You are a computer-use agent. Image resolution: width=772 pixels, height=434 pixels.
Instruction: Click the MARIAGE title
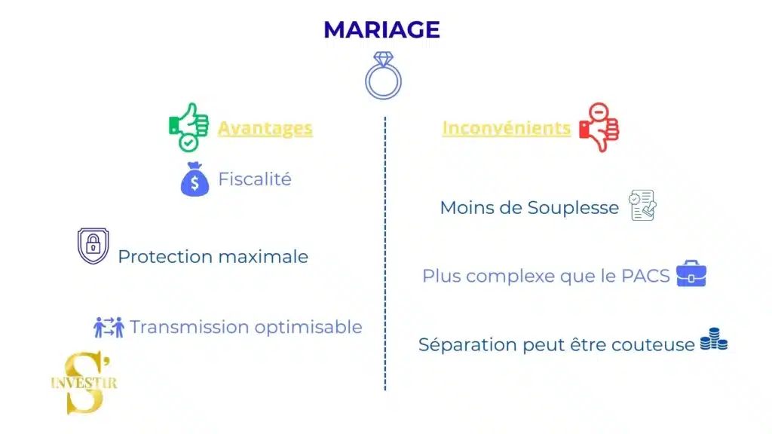[381, 29]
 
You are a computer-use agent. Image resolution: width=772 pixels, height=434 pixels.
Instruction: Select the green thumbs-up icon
[188, 127]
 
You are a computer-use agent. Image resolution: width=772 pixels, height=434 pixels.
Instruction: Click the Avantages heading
[265, 128]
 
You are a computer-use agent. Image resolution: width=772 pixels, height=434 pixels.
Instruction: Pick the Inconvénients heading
[506, 128]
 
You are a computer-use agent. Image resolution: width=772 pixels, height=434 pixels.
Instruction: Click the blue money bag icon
[195, 179]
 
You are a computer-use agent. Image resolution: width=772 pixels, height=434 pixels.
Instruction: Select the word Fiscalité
[254, 179]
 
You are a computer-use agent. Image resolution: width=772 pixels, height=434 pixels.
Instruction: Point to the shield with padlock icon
[93, 246]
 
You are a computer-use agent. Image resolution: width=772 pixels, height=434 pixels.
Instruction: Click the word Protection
[165, 256]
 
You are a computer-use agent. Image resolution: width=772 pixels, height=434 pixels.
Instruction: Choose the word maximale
[262, 256]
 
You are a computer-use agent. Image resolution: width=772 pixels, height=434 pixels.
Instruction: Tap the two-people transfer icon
[109, 327]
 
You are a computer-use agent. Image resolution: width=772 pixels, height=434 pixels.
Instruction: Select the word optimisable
[308, 327]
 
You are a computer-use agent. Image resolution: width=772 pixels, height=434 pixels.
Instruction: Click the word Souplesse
[574, 207]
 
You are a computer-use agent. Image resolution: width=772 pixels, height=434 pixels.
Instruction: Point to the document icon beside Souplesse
[642, 205]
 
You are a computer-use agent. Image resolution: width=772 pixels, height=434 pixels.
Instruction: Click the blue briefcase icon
[691, 274]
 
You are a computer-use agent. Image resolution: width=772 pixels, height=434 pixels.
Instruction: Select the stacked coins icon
[713, 341]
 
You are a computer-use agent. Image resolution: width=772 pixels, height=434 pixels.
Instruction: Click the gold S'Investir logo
[84, 383]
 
